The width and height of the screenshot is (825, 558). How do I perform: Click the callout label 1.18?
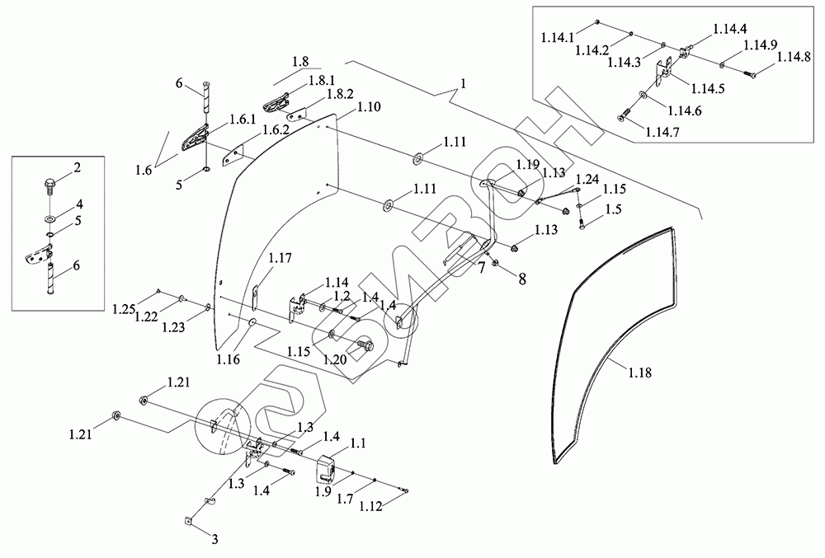coord(639,373)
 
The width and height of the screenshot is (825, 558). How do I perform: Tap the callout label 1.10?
coord(369,107)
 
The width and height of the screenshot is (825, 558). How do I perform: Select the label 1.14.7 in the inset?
coord(662,133)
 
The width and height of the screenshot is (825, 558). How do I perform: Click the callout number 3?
coord(214,539)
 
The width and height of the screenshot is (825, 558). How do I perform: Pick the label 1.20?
coord(336,359)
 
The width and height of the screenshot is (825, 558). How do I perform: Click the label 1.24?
coord(587,179)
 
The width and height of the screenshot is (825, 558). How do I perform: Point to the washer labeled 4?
coord(51,218)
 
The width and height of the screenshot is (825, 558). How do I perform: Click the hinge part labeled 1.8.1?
coord(276,101)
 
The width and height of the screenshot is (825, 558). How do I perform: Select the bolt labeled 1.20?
coord(365,345)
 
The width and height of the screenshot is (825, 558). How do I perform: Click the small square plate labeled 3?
coord(188,520)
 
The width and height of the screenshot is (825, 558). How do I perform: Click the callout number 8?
coord(522,279)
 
